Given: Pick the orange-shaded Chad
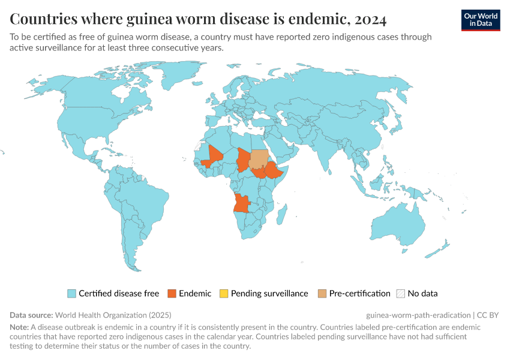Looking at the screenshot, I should pos(244,159).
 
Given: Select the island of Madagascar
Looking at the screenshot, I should pos(283,213).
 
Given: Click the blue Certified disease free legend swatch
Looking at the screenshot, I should pos(71,293).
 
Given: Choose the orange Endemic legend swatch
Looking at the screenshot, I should pos(172,293).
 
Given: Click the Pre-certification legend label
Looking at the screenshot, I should pos(359,293).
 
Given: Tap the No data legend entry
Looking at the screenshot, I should pos(422,293).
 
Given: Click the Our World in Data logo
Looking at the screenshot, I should pos(480,20).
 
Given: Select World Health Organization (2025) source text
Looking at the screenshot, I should pos(113,314).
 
